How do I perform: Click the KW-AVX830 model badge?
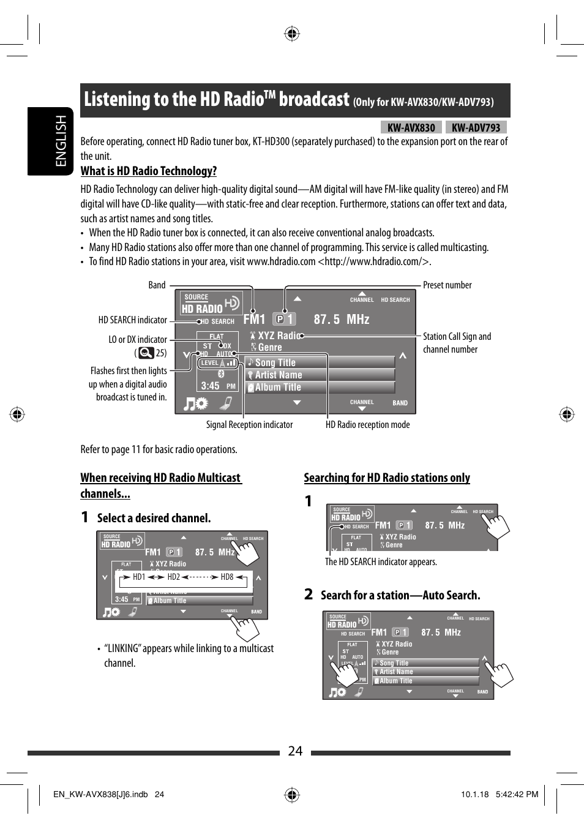[x=411, y=127]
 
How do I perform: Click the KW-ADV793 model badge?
[x=476, y=127]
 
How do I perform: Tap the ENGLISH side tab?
[x=61, y=141]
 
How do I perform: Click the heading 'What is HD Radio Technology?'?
[x=149, y=171]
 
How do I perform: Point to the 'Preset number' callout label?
[x=447, y=285]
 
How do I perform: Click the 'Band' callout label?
[x=157, y=285]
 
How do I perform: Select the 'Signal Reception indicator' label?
[x=249, y=425]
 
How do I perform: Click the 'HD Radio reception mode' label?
[x=367, y=425]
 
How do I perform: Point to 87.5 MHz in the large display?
[x=341, y=320]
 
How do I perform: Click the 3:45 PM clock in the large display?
[x=217, y=386]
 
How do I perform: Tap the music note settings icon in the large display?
[x=196, y=403]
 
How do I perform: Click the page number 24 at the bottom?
[x=295, y=751]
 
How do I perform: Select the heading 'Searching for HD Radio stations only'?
[x=387, y=478]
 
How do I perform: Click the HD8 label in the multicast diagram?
[x=227, y=577]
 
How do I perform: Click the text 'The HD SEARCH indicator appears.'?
[x=381, y=562]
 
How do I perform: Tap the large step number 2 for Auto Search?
[x=309, y=595]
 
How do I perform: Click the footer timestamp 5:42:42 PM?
[x=517, y=795]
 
